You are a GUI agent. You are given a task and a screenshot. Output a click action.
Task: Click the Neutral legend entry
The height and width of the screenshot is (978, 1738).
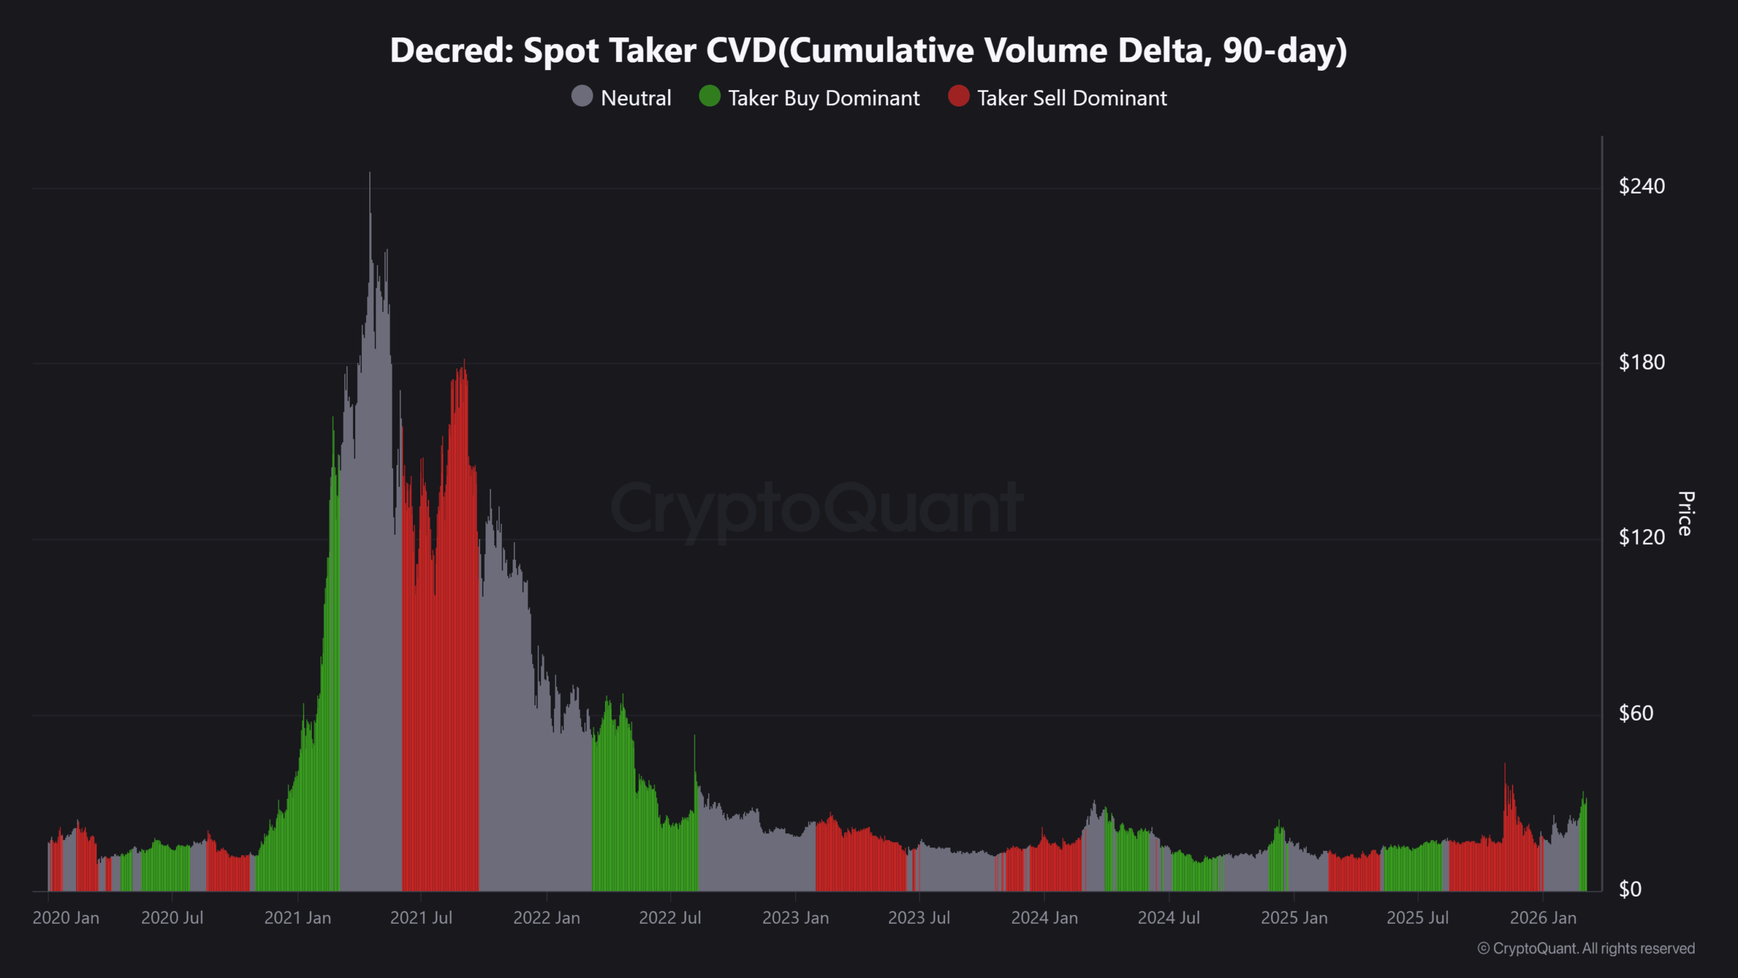coord(622,98)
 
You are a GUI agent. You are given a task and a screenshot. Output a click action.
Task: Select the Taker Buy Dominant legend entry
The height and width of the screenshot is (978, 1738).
coord(810,98)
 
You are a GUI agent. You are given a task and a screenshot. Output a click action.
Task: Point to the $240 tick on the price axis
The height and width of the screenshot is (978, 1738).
coord(1641,186)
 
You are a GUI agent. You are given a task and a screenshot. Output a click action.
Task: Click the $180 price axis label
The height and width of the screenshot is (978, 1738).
coord(1641,362)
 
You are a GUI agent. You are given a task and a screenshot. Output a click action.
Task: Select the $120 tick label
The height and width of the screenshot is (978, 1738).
coord(1641,537)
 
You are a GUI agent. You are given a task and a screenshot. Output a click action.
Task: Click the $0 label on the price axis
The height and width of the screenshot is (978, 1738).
coord(1629,889)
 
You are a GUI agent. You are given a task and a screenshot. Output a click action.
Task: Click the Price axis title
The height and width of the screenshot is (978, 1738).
coord(1685,513)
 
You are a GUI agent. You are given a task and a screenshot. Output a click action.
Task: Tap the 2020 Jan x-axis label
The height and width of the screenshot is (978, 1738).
coord(66,918)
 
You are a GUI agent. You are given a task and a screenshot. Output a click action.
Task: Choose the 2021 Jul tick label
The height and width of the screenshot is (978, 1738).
coord(421,918)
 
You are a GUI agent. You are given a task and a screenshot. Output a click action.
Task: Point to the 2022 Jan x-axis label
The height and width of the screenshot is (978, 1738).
coord(547,918)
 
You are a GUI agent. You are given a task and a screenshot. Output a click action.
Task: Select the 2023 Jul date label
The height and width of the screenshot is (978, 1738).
coord(919,918)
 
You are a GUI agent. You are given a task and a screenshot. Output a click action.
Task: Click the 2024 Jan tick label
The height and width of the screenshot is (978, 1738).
coord(1044,918)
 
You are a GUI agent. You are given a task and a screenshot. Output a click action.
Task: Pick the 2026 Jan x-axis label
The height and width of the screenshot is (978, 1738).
coord(1542,918)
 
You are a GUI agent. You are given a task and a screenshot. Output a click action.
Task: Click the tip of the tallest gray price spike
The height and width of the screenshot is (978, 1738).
coord(369,173)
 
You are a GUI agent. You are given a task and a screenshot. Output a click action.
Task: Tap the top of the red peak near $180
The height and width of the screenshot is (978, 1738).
coord(464,361)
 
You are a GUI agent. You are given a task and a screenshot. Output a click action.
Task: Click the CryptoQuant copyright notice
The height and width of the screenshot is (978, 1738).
coord(1586,948)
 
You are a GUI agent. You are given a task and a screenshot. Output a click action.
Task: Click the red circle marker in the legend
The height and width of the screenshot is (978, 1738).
coord(958,96)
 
